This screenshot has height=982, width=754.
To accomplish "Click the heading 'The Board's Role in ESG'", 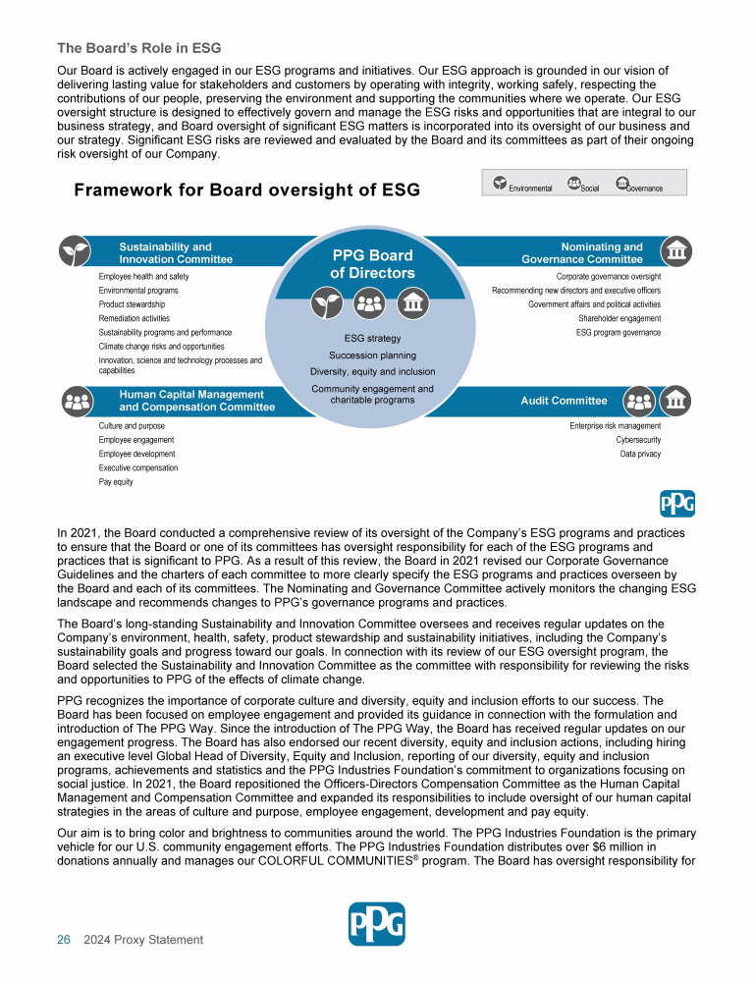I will [138, 47].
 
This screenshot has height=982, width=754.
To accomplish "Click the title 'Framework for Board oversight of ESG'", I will [246, 191].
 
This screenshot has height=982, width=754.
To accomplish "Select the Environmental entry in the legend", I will [523, 185].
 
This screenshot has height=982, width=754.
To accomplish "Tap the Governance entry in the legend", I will [639, 185].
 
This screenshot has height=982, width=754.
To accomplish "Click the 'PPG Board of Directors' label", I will [372, 264].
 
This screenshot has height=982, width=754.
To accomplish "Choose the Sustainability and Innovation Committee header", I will [176, 253].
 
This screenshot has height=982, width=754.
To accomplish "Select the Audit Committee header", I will [564, 401].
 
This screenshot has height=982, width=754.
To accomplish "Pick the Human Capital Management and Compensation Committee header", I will [196, 401].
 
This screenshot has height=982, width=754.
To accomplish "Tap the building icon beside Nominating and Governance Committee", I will [675, 251].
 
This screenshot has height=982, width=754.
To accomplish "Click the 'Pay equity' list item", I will [116, 482].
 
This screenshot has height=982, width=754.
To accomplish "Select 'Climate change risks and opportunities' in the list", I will [161, 347].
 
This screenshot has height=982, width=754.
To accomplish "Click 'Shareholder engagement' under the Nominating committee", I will [619, 318].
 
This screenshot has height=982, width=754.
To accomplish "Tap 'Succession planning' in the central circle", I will [372, 355].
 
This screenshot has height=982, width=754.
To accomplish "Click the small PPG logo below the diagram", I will [677, 505].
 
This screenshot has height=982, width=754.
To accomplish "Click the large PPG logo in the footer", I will [377, 924].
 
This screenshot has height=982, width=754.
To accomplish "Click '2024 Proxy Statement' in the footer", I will [143, 940].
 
